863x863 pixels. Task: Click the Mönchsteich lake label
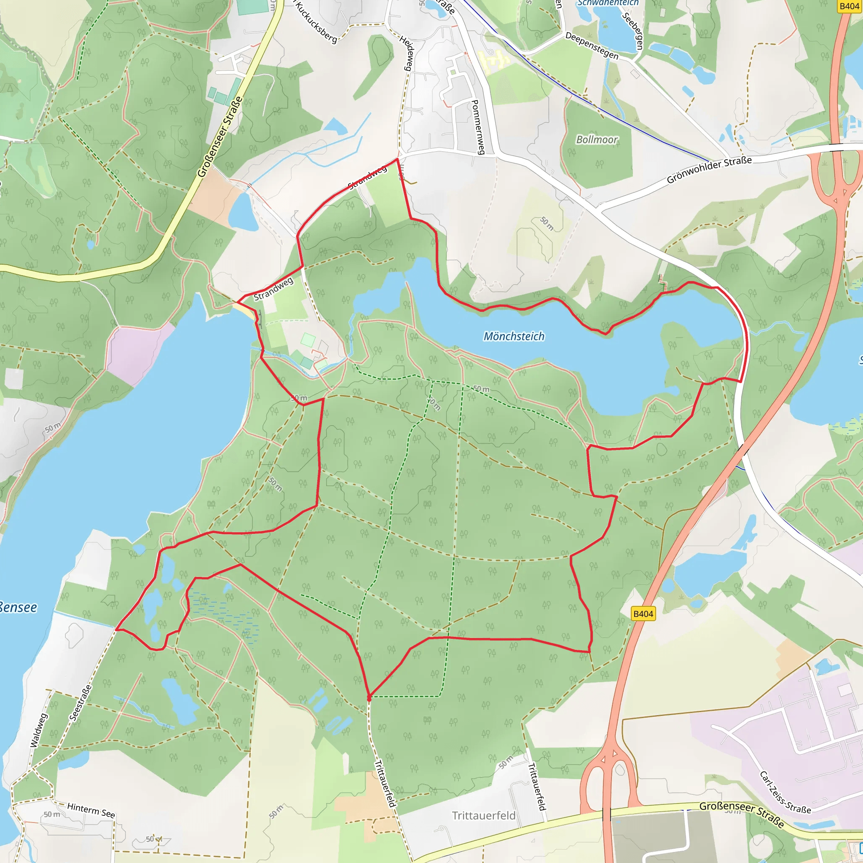tap(514, 336)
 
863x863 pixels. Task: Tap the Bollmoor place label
tap(597, 140)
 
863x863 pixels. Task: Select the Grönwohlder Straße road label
tap(709, 170)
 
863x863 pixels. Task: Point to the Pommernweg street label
tap(477, 127)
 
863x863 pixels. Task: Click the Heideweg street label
tap(407, 53)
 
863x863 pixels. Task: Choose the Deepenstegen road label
tap(592, 46)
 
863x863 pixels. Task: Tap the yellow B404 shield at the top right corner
tap(849, 6)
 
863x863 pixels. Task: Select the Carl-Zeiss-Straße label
tap(785, 792)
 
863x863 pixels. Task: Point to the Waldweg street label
tap(38, 730)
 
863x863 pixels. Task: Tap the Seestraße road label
tap(81, 702)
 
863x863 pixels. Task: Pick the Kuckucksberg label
tap(316, 21)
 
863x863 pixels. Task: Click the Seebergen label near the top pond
tap(633, 30)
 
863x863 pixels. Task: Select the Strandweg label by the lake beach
tap(273, 289)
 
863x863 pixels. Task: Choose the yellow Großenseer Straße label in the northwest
tap(220, 137)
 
